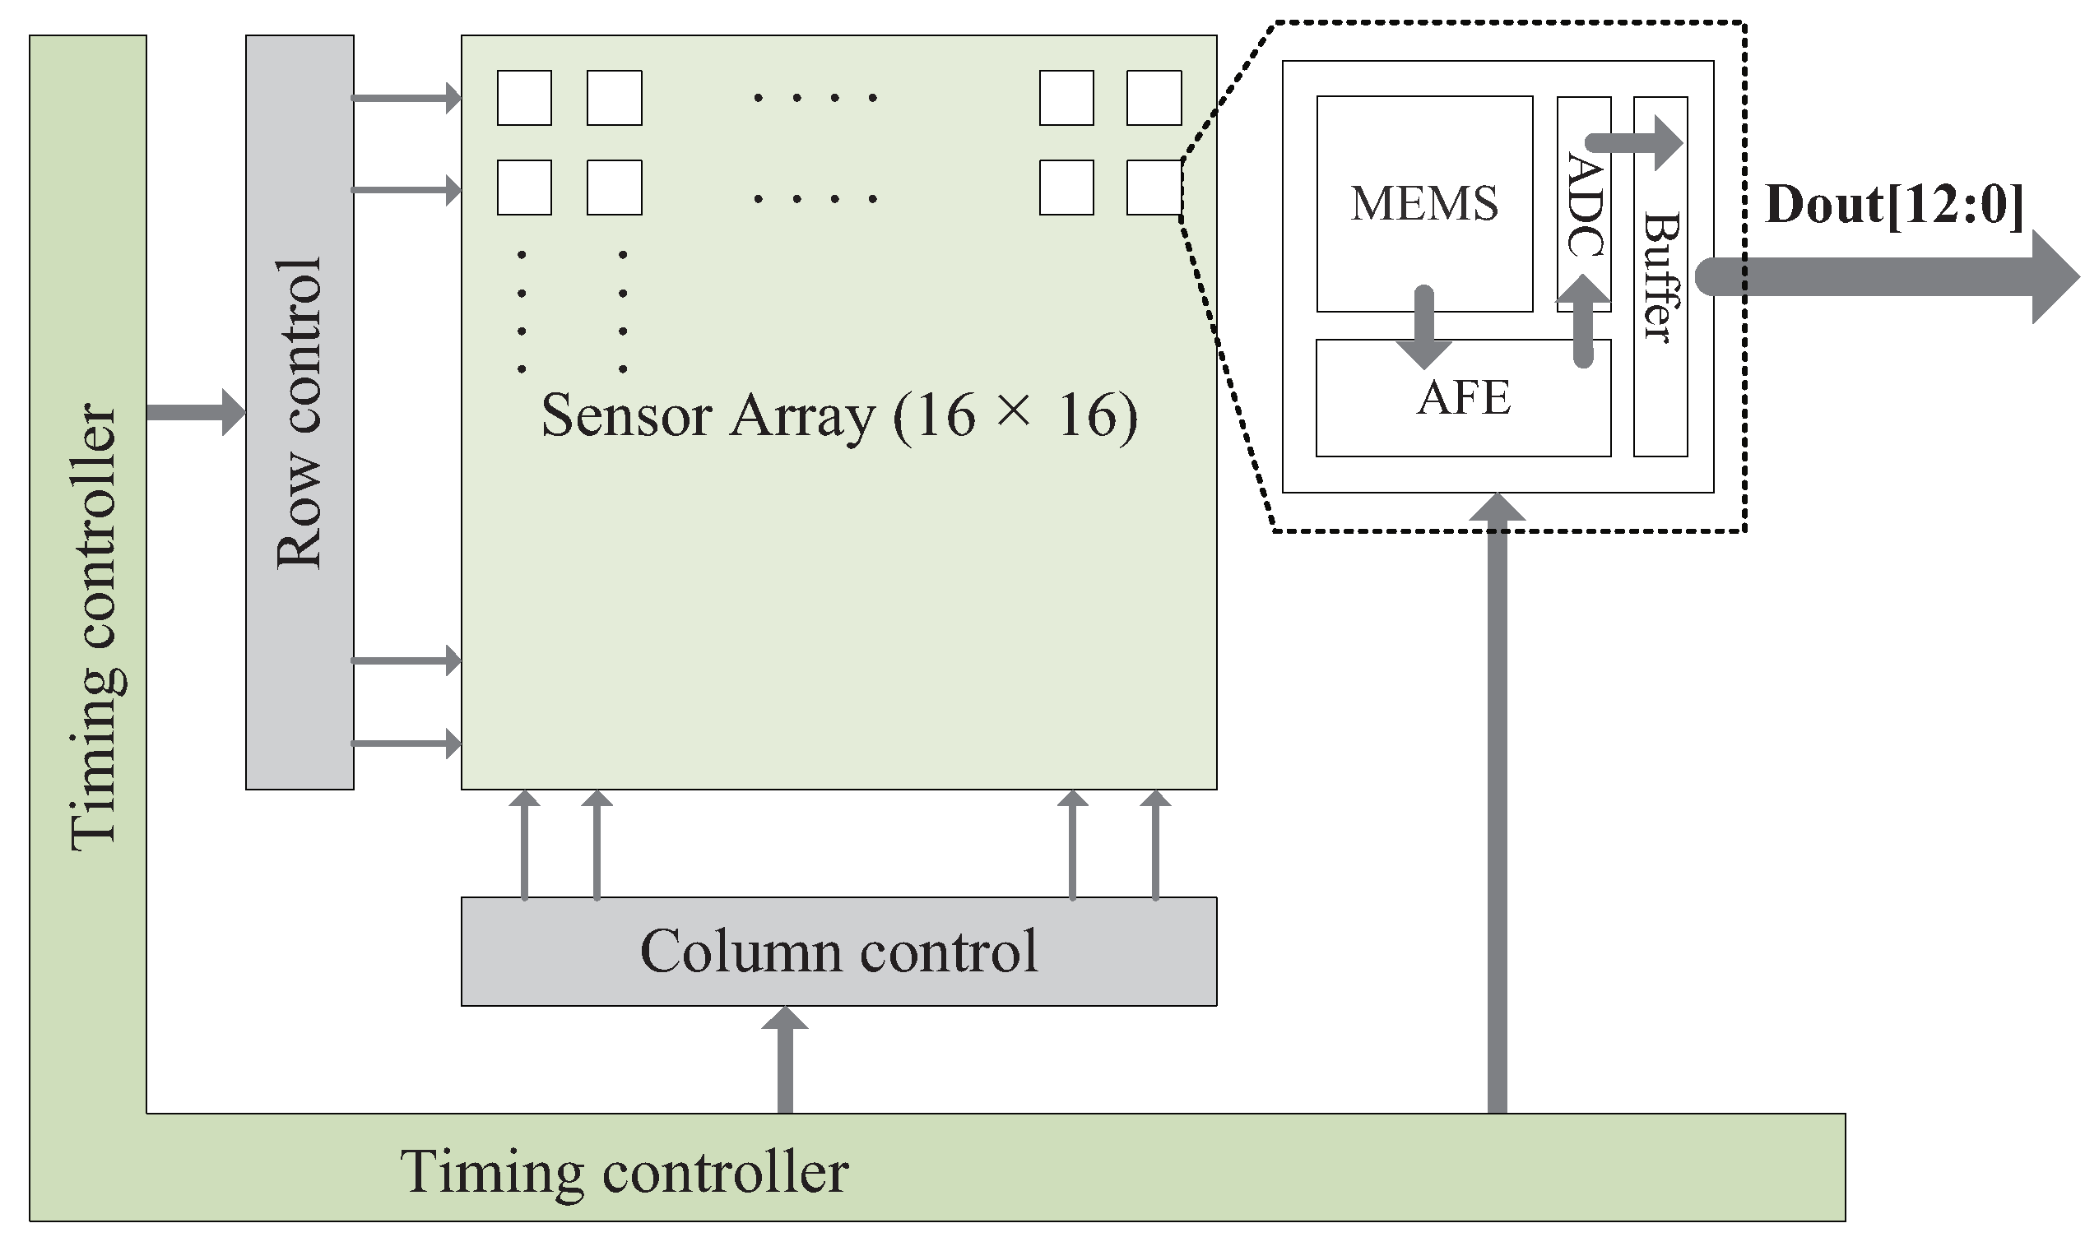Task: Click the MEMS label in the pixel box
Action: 1424,203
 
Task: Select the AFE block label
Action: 1463,398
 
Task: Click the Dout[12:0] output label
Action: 1894,205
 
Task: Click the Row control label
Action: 300,413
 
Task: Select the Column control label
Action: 838,951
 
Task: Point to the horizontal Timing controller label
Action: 624,1172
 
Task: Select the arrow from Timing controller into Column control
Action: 784,1059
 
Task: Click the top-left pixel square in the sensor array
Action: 523,98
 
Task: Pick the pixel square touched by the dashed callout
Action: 1154,188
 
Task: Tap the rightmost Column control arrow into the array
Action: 1154,846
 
